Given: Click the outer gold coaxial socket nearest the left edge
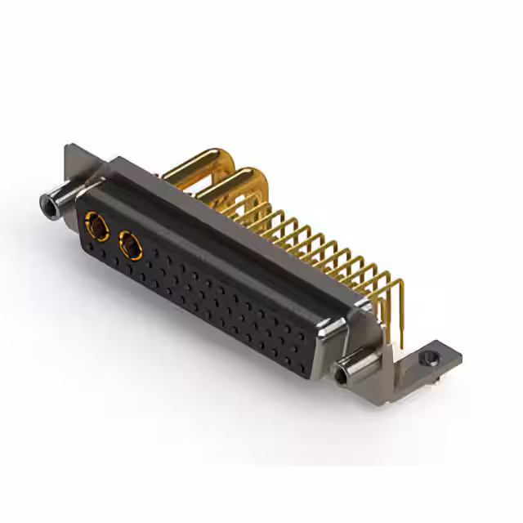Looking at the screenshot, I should click(96, 224).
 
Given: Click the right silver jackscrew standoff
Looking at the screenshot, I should click(352, 373).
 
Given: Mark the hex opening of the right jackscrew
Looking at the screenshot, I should click(341, 378).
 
